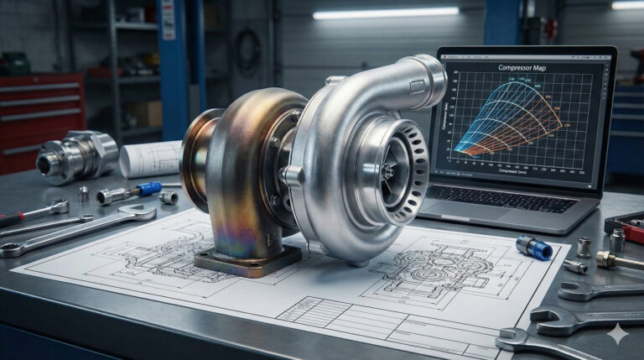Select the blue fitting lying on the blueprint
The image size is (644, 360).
coord(534,248)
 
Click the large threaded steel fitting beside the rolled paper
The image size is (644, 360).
coord(75,155)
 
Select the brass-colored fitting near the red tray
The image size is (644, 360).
coord(605,259)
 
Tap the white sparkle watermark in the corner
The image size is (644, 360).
coord(618,334)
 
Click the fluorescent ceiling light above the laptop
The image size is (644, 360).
coord(386,13)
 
